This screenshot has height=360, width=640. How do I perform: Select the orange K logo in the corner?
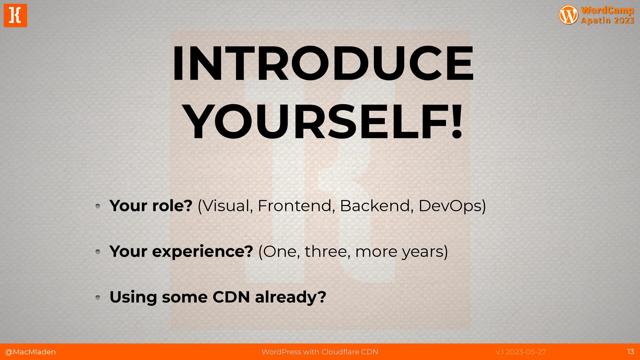(15, 15)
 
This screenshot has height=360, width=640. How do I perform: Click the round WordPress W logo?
(568, 15)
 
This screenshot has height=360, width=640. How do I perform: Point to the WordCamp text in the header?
(607, 10)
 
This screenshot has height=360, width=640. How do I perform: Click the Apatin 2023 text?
(607, 20)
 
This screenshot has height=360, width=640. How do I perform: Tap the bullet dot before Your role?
(98, 206)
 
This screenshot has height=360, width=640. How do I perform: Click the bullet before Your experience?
(98, 252)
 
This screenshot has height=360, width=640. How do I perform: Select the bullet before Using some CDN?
(98, 297)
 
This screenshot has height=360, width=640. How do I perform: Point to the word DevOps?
(450, 206)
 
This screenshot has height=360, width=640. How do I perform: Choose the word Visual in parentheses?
(226, 206)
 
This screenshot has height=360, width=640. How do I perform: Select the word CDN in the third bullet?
(231, 297)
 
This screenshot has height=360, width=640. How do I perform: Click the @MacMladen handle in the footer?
(30, 352)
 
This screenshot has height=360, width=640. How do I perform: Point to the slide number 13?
(631, 352)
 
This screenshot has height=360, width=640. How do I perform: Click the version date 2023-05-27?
(526, 352)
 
